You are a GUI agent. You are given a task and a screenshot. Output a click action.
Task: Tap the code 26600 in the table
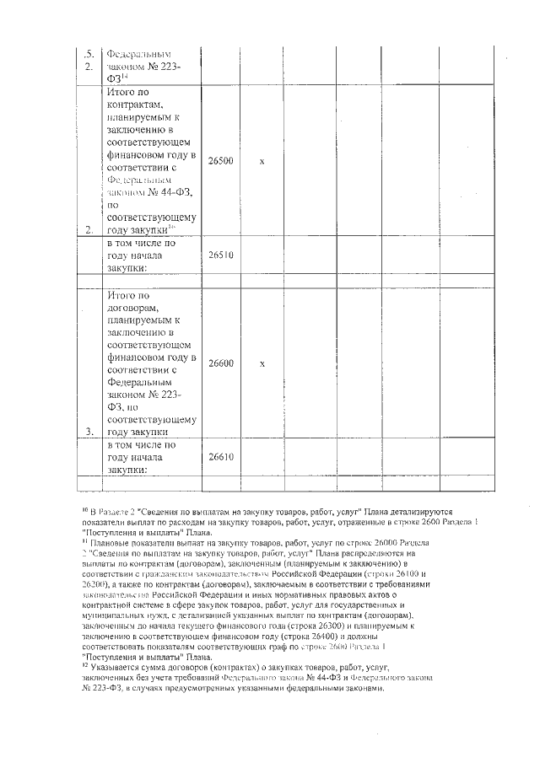tap(221, 363)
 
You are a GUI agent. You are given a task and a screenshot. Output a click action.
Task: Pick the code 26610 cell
tap(221, 457)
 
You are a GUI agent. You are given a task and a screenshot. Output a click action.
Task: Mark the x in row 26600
tap(262, 363)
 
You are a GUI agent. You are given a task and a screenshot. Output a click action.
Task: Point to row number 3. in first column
tap(89, 430)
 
